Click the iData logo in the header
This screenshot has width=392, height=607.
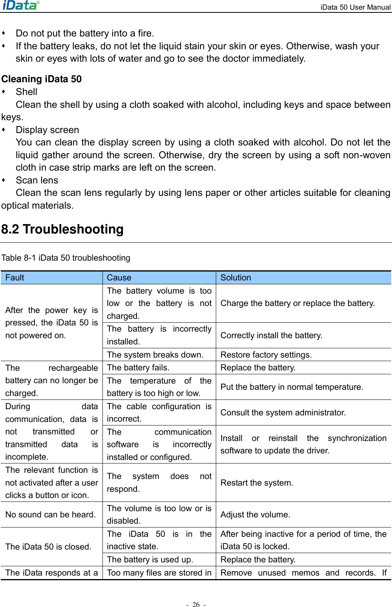point(21,5)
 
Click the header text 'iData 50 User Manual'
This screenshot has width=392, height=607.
point(355,7)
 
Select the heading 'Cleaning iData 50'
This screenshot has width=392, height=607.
point(42,79)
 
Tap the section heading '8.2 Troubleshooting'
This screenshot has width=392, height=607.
point(62,229)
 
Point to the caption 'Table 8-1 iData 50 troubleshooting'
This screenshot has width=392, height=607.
point(66,258)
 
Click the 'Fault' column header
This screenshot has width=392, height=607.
point(15,278)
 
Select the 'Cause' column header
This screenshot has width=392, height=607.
point(119,278)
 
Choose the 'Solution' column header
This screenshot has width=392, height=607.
point(236,278)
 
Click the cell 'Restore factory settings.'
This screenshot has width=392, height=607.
point(266,355)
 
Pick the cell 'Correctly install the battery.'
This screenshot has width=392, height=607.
point(271,335)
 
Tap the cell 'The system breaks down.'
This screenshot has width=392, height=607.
point(155,355)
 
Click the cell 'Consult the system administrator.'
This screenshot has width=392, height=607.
point(283,413)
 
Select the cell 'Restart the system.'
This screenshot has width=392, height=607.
point(257,483)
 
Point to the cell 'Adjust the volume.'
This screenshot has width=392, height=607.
point(255,515)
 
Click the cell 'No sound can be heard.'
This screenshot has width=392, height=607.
point(50,515)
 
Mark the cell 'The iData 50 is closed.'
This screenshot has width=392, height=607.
point(49,547)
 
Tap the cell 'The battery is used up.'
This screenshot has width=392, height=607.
point(150,560)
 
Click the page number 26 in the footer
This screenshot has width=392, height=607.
point(196,604)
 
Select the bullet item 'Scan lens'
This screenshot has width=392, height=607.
point(37,180)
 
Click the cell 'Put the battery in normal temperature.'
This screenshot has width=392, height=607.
point(292,387)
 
